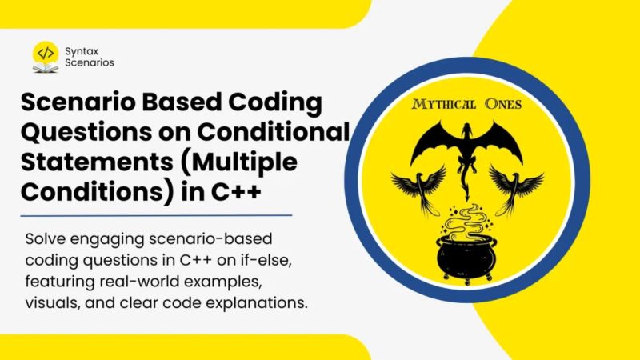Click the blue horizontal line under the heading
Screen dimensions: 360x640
156,214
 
